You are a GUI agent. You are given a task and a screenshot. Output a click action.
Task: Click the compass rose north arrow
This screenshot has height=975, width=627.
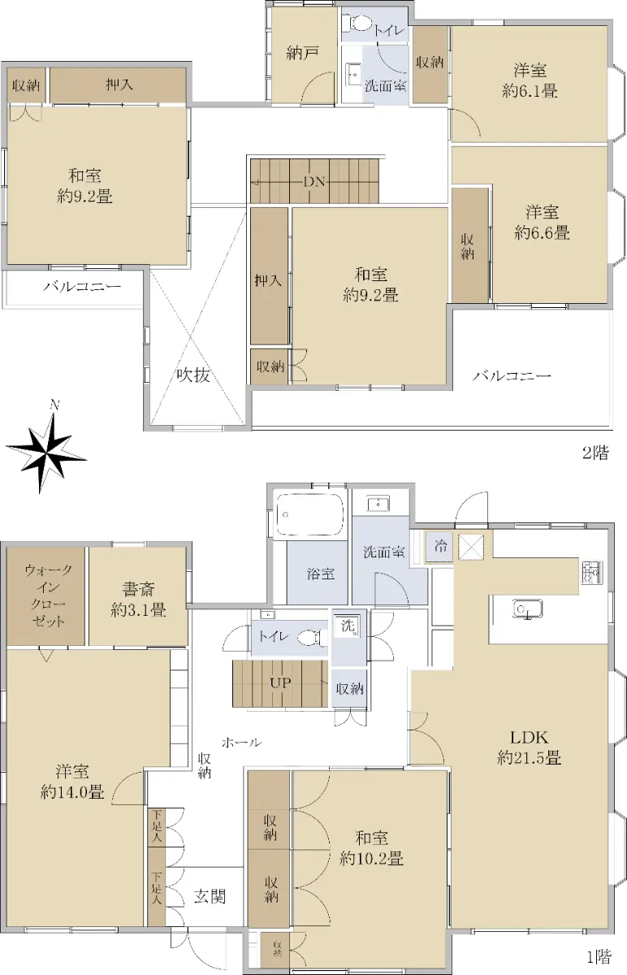45,453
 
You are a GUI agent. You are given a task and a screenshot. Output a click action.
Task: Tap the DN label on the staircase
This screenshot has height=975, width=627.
314,181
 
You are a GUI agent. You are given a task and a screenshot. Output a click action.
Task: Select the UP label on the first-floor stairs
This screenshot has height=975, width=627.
280,682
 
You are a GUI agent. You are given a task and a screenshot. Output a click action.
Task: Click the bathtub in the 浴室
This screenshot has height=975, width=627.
309,514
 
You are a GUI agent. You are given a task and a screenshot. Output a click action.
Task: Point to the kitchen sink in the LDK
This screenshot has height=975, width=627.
527,609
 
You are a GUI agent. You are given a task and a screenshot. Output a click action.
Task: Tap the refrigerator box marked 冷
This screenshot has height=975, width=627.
439,546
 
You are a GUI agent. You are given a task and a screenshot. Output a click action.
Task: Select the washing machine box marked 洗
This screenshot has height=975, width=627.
348,626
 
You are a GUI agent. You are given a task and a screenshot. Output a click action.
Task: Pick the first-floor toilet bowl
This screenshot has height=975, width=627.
312,637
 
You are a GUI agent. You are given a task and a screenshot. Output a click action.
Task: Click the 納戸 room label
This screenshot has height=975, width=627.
302,53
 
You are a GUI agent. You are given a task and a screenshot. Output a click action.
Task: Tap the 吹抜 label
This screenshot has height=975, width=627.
193,375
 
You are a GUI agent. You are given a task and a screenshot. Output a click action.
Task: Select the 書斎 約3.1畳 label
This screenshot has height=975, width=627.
138,600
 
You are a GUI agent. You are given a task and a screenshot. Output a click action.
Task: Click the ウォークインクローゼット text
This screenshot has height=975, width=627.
48,596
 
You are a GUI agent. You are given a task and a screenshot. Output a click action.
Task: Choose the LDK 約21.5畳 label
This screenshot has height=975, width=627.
529,747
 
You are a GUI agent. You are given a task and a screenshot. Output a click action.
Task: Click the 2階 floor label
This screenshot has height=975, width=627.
595,453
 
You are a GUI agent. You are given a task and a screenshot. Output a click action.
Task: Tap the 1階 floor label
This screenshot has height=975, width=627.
599,955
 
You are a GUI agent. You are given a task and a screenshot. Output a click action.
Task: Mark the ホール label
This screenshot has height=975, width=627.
242,741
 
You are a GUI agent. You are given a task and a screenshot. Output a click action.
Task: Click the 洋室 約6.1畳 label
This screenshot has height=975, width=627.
530,80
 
